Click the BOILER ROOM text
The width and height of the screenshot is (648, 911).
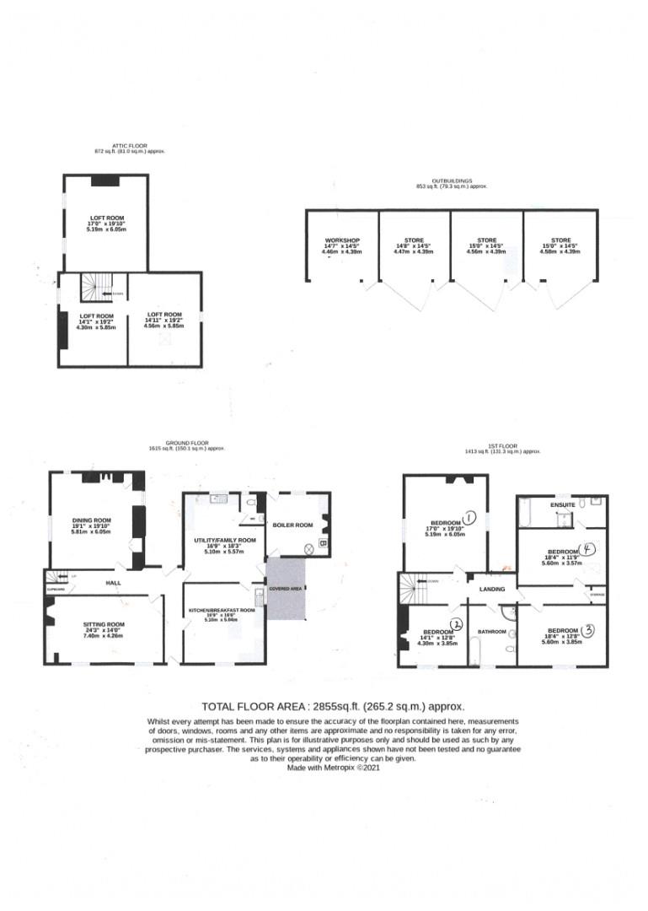(x=292, y=525)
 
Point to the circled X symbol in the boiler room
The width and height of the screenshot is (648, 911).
(x=308, y=547)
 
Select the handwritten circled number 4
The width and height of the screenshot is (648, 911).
(x=590, y=547)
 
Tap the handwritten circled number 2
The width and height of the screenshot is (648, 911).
(x=457, y=624)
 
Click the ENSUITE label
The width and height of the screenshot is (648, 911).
(x=563, y=504)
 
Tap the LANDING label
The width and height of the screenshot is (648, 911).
(x=492, y=589)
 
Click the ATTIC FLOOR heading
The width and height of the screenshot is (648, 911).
(x=129, y=146)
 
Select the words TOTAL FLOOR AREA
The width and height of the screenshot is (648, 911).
(x=253, y=707)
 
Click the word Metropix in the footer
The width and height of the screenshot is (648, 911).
(x=348, y=768)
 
